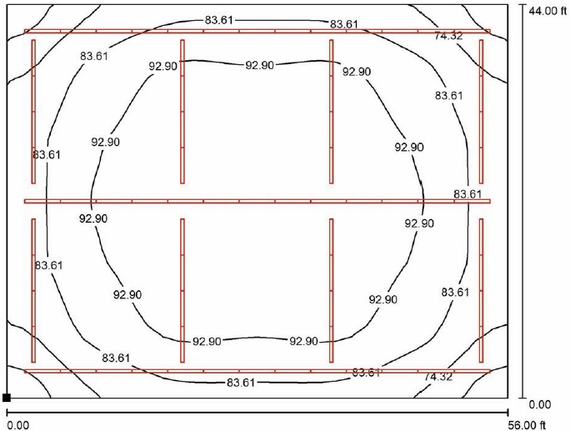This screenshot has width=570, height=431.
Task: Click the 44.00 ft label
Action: point(547,12)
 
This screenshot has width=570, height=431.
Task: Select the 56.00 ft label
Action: point(527,425)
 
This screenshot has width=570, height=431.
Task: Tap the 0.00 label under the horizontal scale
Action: point(17,425)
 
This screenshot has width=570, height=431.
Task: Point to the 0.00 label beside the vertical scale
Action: point(540,404)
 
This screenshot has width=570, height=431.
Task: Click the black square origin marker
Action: point(7,398)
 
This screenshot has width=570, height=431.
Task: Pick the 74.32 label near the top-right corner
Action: point(448,36)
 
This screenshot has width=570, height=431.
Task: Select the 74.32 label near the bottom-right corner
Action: point(438,377)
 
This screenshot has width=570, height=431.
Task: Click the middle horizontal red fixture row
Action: point(257,201)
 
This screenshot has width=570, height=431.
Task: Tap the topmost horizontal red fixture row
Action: point(257,32)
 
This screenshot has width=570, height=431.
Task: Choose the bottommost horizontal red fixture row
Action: point(257,371)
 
